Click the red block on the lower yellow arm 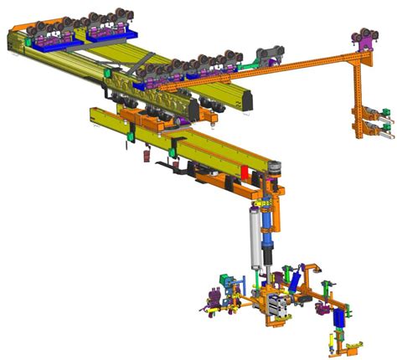246,172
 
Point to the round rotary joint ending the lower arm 271,174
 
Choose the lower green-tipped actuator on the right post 381,131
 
